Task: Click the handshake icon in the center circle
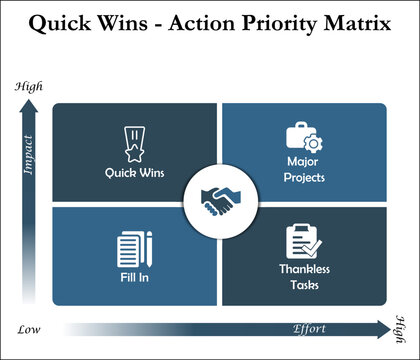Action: click(x=217, y=203)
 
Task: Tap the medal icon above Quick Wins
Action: click(x=134, y=144)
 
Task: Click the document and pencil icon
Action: click(x=134, y=250)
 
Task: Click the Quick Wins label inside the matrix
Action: click(x=134, y=172)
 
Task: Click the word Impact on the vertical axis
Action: click(x=29, y=155)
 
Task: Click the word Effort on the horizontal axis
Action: click(x=309, y=327)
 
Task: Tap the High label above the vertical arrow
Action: click(x=29, y=86)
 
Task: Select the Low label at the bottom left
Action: click(x=29, y=328)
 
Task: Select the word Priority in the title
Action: click(x=272, y=24)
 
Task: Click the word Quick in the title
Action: click(x=59, y=24)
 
